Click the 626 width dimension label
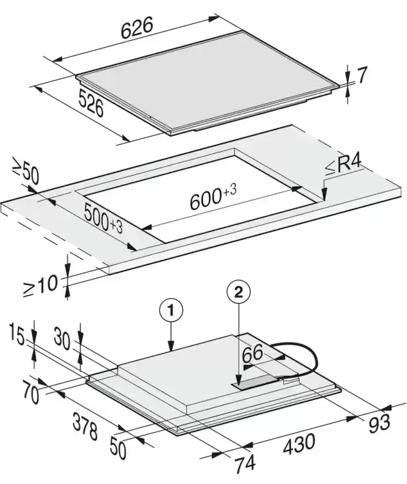[137, 28]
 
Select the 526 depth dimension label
[91, 103]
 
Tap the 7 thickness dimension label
[363, 75]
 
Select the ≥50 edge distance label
[25, 171]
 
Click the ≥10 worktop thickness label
[40, 286]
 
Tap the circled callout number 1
[171, 310]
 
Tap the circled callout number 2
[238, 292]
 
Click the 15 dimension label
[16, 334]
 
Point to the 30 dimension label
[62, 338]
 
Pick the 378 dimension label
[85, 427]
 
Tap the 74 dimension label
[245, 463]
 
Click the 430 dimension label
[299, 444]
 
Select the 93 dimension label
[379, 422]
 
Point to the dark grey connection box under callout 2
[257, 381]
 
